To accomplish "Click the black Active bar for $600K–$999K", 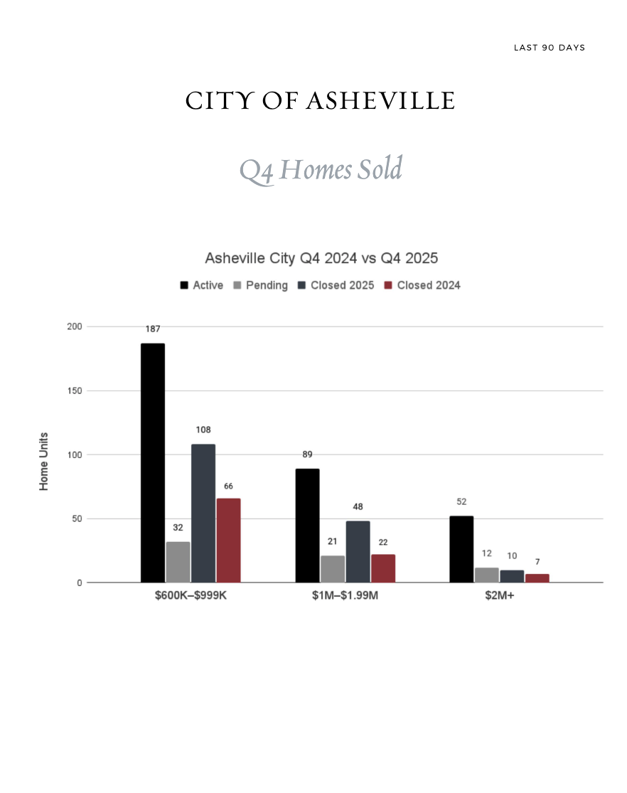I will coord(153,462).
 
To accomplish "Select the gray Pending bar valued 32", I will coord(178,562).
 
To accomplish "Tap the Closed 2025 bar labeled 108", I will coord(203,513).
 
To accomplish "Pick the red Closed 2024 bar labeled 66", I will coord(229,540).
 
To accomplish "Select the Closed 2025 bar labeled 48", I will coord(358,551).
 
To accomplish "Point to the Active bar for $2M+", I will coord(461,548).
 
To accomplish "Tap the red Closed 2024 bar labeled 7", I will coord(537,578).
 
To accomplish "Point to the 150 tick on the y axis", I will coord(75,390).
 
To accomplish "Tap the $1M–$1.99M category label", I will coord(345,596).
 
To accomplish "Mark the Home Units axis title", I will coord(44,461).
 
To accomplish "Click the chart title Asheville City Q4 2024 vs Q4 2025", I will coord(321,257).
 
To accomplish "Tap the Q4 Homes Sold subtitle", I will coord(321,170).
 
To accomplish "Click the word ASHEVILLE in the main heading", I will coord(380,101).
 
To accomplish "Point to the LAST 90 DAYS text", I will coord(550,48).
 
